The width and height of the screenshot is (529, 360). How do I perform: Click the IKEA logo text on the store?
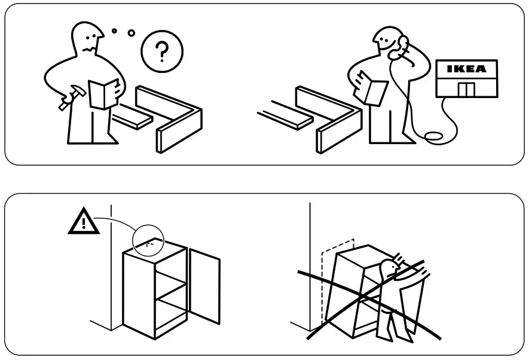tap(467, 69)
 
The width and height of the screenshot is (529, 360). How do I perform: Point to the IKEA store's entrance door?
tap(466, 90)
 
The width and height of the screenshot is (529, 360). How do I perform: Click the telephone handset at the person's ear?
tap(402, 45)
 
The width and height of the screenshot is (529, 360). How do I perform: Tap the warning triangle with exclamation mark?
tap(84, 223)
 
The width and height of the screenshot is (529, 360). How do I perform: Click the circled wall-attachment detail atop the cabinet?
tap(149, 242)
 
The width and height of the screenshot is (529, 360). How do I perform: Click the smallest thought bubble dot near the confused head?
tap(114, 30)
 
